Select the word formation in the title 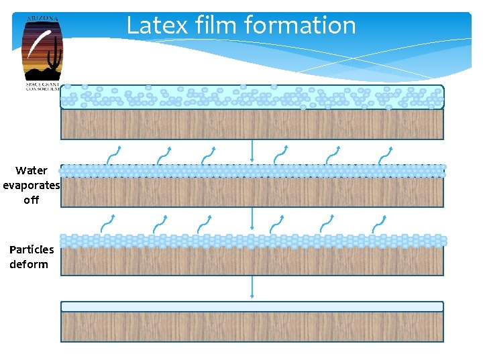pos(300,25)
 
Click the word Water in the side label pos(32,170)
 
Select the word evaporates pos(32,185)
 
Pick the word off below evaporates pos(32,200)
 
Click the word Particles pos(32,249)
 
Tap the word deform pos(29,264)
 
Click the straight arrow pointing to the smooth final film pos(252,287)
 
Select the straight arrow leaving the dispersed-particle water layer pos(252,150)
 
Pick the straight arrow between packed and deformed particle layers pos(252,219)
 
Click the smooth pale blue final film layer pos(252,306)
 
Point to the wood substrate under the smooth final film pos(252,327)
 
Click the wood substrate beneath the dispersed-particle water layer pos(252,124)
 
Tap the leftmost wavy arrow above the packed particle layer pos(115,155)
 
